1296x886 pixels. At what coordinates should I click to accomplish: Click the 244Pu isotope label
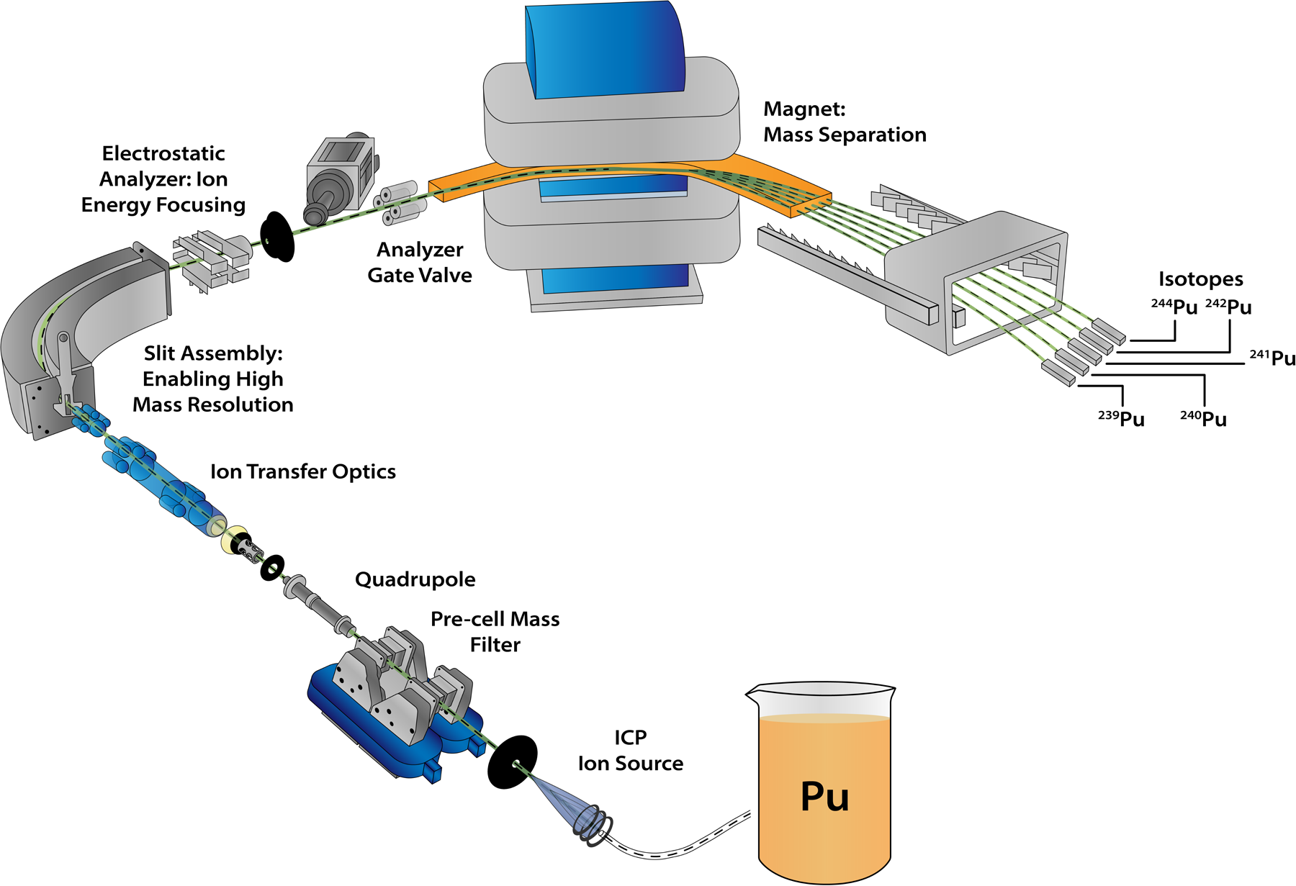1174,307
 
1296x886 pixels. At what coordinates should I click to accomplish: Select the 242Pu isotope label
1228,307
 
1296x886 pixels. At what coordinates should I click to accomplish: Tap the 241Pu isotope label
1272,358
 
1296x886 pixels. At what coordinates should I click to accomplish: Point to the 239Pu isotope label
1121,419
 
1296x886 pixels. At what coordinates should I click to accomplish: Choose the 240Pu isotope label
1203,419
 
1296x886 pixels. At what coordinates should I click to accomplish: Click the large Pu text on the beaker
824,796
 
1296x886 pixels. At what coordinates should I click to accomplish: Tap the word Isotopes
1200,279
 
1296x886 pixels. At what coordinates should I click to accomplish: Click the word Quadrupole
415,579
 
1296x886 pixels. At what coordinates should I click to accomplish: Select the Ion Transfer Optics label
302,471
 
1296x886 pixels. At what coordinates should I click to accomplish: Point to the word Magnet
804,109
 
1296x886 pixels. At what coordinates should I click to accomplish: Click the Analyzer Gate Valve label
420,262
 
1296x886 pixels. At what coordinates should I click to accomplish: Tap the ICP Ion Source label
630,750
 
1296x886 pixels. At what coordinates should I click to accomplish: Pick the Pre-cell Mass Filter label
495,631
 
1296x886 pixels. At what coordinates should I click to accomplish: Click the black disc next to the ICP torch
512,762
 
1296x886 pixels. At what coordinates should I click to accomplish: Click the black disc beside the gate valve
276,236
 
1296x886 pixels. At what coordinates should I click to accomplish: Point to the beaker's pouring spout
753,694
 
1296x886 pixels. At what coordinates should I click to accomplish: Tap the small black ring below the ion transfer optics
272,568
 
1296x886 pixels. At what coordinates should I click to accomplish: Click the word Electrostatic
163,153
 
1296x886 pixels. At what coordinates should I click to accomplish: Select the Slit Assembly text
213,353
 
